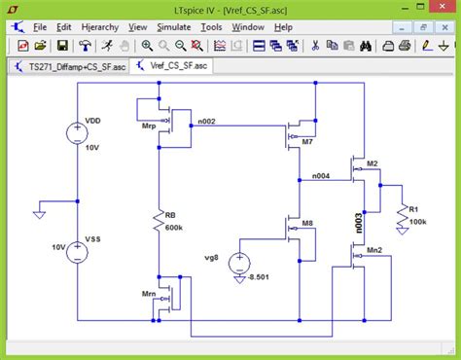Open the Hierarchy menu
coord(100,27)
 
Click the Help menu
coord(284,27)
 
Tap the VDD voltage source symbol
coord(77,133)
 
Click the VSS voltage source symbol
coord(77,251)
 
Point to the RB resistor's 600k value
coord(175,228)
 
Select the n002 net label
coord(206,120)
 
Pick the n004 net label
coord(320,175)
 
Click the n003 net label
coord(359,220)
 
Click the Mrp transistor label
coord(149,126)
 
